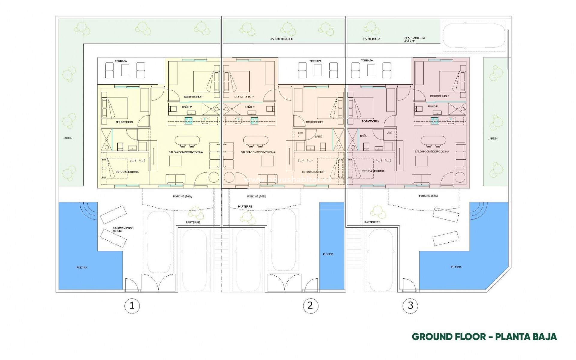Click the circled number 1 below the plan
click(132, 306)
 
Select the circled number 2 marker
click(310, 305)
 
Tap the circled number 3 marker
click(410, 305)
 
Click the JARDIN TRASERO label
click(282, 39)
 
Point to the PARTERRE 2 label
click(371, 39)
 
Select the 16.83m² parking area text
click(119, 231)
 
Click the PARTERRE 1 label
click(372, 222)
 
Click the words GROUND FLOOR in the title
click(448, 337)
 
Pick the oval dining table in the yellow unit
click(187, 140)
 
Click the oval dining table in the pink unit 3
click(432, 140)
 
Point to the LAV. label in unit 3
click(389, 132)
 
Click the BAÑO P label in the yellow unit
click(187, 107)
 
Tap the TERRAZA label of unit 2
click(315, 61)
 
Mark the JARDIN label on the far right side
click(493, 139)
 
